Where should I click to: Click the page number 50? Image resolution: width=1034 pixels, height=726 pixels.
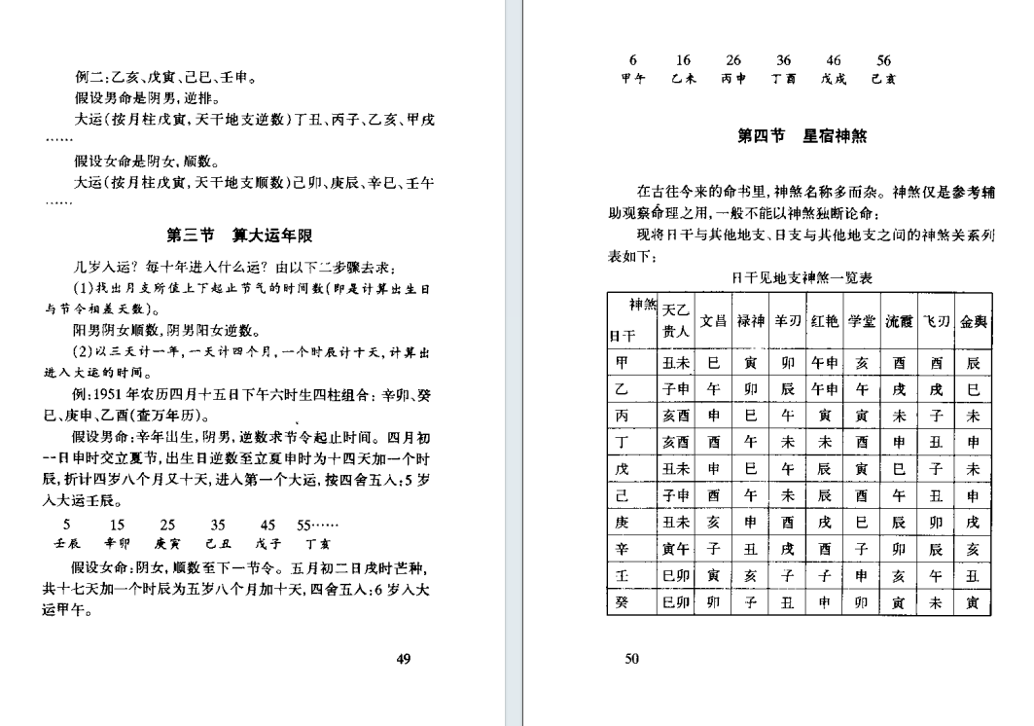tap(631, 659)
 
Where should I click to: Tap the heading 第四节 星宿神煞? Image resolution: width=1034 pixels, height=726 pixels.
tap(802, 137)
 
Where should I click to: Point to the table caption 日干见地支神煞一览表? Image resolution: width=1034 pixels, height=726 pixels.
tap(802, 277)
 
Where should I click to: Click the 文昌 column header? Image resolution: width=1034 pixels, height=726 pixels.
tap(713, 320)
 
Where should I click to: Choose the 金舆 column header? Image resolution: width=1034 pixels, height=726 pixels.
tap(974, 320)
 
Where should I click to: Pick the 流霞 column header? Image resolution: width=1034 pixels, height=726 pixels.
tap(898, 320)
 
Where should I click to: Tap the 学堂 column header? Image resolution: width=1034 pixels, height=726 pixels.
tap(861, 320)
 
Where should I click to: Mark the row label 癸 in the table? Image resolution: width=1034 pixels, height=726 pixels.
tap(623, 601)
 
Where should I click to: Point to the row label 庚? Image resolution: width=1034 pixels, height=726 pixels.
tap(623, 522)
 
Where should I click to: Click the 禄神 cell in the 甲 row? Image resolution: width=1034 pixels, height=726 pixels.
tap(750, 363)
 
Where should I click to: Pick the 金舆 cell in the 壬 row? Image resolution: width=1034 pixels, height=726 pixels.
tap(974, 575)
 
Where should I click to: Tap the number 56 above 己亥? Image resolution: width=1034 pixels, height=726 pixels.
tap(883, 60)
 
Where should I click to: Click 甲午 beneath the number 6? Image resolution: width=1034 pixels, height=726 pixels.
tap(633, 80)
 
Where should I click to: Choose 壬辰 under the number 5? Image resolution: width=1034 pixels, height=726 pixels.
tap(67, 543)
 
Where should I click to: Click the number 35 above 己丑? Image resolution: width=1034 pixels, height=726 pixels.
tap(218, 524)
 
